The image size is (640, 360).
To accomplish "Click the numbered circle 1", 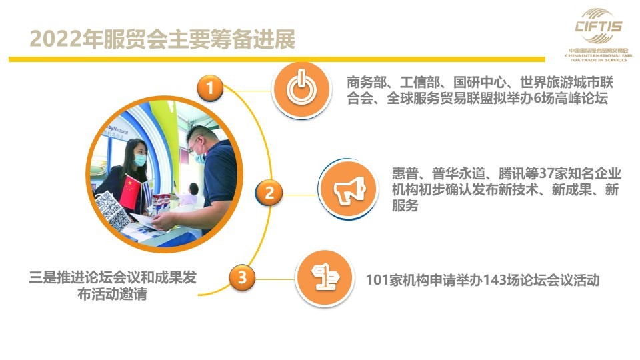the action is coord(210,88).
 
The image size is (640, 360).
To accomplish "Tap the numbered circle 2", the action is coord(269,192).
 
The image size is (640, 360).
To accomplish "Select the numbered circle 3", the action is coord(242,277).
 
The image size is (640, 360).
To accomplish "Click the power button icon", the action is coord(301,89).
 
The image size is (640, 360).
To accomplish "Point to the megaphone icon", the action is coord(349,189).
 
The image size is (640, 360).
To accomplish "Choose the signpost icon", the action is coord(325,278).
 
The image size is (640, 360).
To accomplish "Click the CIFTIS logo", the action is coord(599,35).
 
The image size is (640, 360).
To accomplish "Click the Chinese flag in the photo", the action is coord(130,191).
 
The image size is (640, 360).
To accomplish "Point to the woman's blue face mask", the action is coord(140,159).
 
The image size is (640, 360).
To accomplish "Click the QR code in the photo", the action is coord(113,210).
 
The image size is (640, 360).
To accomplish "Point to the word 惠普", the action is coord(405,173).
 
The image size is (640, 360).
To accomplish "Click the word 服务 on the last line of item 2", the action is coord(405,205).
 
